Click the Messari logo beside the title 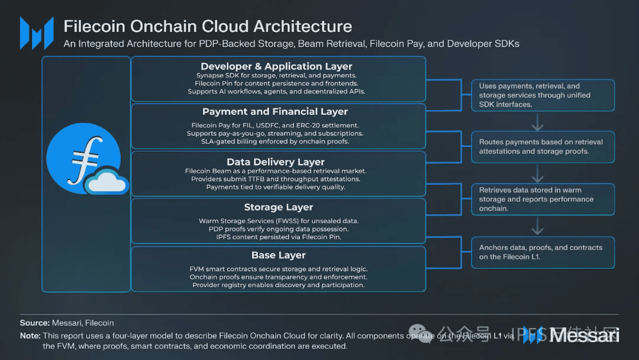coord(37,33)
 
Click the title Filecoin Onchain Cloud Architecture coord(208,27)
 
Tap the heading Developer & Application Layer coord(276,66)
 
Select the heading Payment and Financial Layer coord(275,111)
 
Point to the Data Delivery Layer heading coord(276,162)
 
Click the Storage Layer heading coord(279,207)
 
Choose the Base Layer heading coord(279,255)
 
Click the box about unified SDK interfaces coord(543,95)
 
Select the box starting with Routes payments coord(543,147)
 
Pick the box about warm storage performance coord(543,200)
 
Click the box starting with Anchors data coord(543,252)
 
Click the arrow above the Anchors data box coord(537,226)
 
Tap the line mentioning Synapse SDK coord(276,76)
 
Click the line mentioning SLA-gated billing coord(276,142)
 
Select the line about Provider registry coord(278,285)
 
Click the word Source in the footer coord(34,323)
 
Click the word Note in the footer coord(30,336)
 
